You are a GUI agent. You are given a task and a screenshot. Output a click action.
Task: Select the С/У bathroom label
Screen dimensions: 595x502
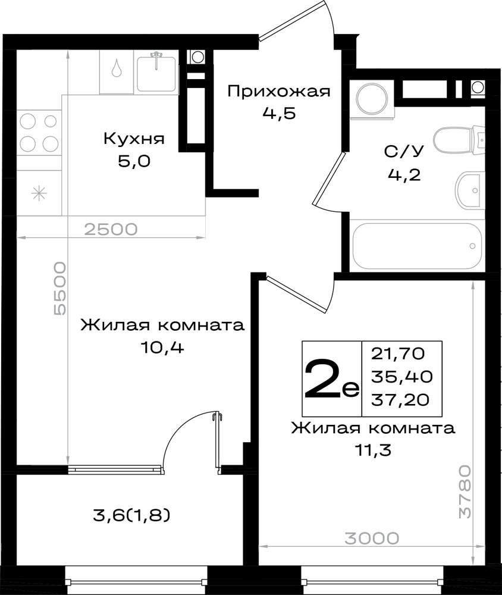[x=403, y=152]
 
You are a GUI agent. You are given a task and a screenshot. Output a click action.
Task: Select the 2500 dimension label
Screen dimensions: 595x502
[x=111, y=229]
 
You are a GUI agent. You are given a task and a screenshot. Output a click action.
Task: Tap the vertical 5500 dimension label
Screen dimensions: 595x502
[x=59, y=289]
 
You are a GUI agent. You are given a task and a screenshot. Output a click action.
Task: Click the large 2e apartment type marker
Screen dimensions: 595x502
[x=331, y=380]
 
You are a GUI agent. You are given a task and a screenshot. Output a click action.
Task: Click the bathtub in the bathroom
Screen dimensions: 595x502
[x=416, y=245]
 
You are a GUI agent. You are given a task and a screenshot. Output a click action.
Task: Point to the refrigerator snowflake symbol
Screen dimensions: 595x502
[x=38, y=192]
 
